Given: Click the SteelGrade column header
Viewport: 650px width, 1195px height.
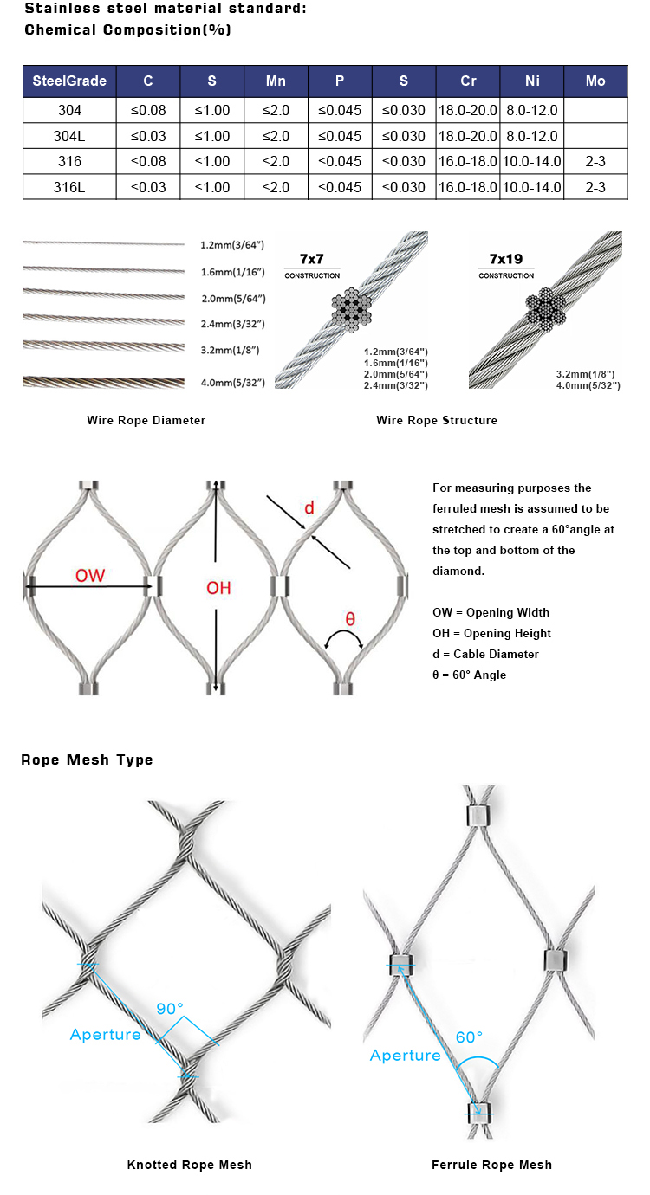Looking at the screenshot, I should [68, 81].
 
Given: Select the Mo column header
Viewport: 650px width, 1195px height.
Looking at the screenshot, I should [595, 81].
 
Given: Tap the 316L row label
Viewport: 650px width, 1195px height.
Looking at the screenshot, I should [68, 187].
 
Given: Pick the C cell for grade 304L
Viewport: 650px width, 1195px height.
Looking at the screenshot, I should [148, 136].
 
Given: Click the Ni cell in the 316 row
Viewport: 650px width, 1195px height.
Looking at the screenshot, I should [531, 162].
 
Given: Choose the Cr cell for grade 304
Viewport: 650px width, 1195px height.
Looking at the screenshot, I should [468, 111].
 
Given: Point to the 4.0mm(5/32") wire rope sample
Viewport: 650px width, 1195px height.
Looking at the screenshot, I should [104, 382].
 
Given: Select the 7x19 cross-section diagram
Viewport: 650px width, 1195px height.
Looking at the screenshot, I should [546, 307].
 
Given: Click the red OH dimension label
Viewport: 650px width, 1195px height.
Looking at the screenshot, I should [218, 588].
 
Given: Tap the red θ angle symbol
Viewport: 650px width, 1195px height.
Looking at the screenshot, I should [350, 619].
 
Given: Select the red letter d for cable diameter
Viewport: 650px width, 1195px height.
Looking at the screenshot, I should [308, 507].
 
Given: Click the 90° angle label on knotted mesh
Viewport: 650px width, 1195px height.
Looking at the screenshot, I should [170, 1009].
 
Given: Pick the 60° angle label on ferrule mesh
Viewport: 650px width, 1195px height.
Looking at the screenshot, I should [469, 1037].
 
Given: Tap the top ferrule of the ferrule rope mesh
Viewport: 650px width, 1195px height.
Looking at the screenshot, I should [478, 815].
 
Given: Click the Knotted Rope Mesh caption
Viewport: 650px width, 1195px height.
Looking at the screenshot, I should [189, 1165].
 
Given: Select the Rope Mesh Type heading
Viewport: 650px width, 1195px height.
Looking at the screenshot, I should [87, 759].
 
